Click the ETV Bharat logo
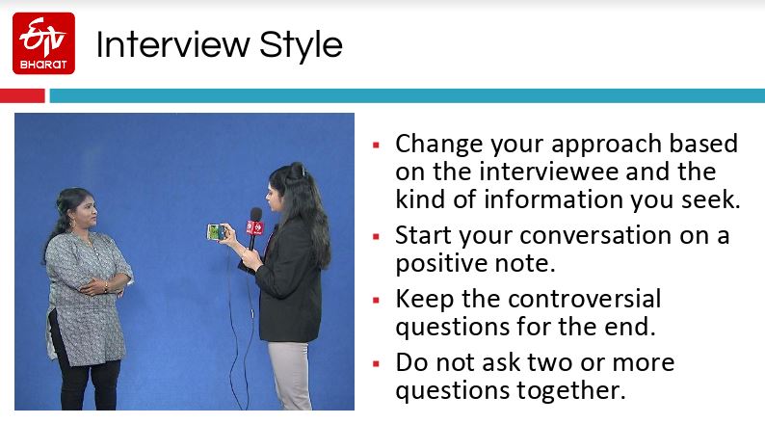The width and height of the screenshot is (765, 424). click(43, 43)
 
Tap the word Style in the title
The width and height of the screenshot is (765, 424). click(301, 46)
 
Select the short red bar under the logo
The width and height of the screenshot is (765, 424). click(22, 95)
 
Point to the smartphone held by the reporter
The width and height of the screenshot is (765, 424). click(216, 232)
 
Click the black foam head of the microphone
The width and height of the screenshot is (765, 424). click(255, 214)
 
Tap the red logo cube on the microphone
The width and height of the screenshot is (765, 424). click(254, 227)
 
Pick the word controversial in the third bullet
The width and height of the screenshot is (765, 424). click(585, 299)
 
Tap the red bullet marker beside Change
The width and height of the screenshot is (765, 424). click(376, 145)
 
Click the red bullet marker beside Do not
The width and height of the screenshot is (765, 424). click(376, 363)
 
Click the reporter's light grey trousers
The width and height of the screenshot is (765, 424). click(291, 375)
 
